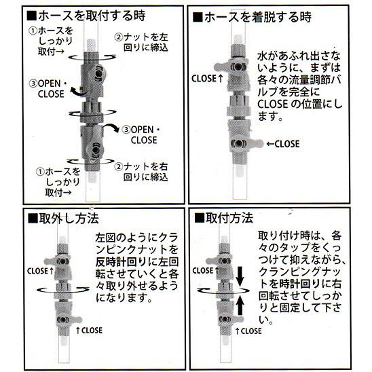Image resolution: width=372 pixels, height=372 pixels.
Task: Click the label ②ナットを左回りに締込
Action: click(x=141, y=42)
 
